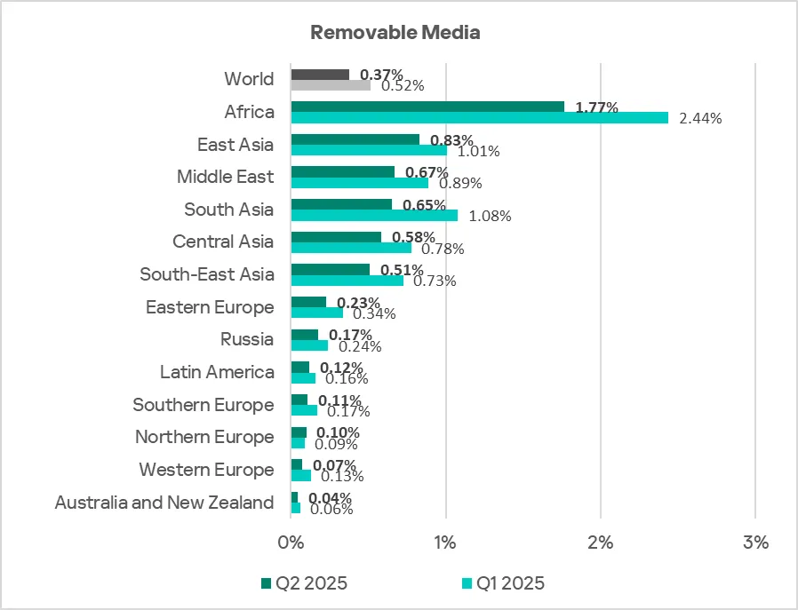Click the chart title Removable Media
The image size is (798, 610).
point(395,33)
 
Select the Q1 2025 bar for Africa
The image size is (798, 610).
point(479,117)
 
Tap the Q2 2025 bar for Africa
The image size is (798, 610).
point(427,107)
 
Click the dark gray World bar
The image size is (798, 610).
point(320,75)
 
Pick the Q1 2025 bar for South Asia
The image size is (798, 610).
point(374,215)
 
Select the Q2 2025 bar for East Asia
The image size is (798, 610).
point(355,139)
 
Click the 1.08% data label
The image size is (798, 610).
point(488,216)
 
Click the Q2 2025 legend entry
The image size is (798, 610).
point(302,583)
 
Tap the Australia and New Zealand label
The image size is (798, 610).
point(164,503)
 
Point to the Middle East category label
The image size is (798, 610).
point(225,177)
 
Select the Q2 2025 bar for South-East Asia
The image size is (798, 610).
point(330,270)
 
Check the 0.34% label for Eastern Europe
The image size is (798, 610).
point(373,313)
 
